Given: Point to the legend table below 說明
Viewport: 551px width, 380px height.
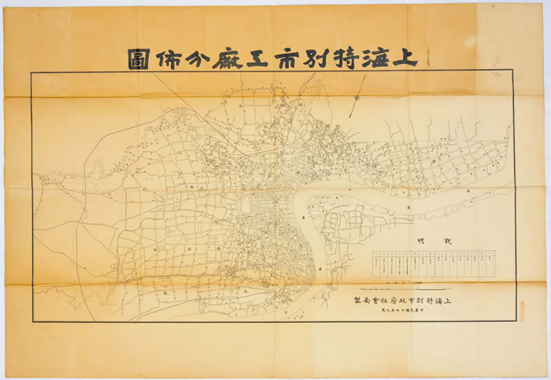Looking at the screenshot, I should coord(435,264).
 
